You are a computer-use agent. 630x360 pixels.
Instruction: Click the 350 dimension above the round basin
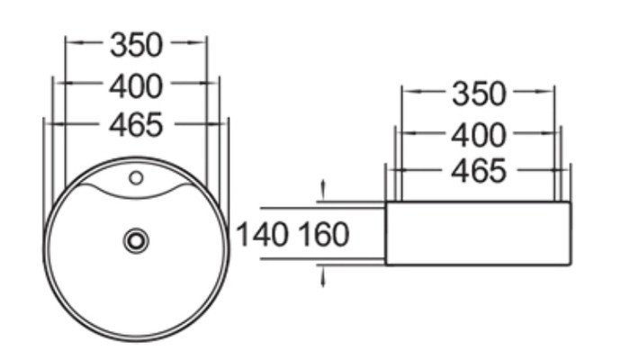[x=137, y=45]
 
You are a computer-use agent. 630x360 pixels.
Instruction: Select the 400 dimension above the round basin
[x=136, y=86]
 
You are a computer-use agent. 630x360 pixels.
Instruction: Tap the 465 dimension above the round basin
[x=136, y=124]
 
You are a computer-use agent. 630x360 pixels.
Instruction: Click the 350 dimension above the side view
[x=479, y=94]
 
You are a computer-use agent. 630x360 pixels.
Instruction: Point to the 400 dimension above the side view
[x=479, y=135]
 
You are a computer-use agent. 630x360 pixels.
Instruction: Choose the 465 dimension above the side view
[x=479, y=171]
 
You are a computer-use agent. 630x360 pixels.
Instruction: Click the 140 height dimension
[x=263, y=234]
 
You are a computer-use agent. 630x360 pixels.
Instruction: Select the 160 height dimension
[x=324, y=234]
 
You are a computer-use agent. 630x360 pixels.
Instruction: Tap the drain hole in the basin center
[x=136, y=241]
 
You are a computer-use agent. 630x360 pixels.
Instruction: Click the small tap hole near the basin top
[x=136, y=177]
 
